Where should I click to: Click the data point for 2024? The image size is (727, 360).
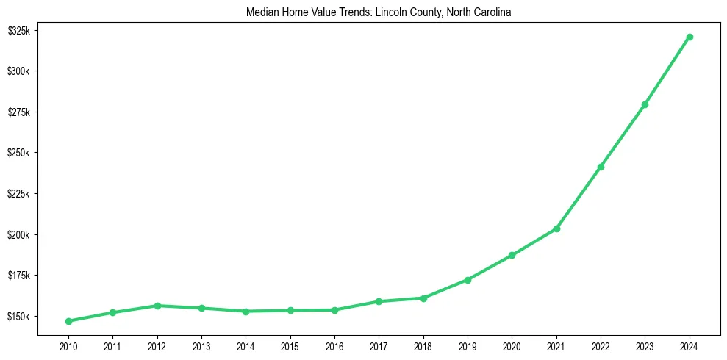pos(690,37)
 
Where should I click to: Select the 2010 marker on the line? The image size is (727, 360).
pos(68,321)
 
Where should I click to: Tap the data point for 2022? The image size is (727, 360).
pos(601,167)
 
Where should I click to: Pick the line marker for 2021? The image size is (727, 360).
pos(556,228)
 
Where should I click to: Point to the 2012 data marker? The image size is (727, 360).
pos(157,306)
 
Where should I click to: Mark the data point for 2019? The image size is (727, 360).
pos(468,280)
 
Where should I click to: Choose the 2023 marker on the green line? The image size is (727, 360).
pos(645,104)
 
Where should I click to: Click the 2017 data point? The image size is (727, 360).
pos(379,301)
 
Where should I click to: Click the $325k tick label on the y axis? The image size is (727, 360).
pos(18,31)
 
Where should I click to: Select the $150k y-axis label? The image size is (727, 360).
pos(18,317)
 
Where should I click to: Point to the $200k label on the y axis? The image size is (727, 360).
pos(18,235)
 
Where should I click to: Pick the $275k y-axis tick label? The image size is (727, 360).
pos(18,112)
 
